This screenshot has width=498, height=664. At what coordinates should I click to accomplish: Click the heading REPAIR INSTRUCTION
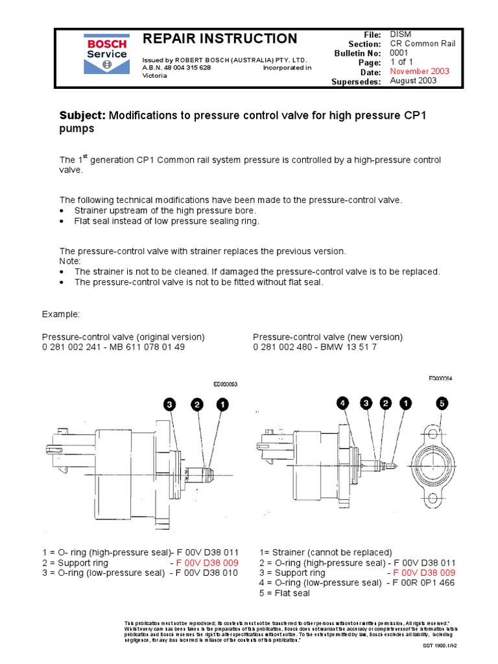(220, 39)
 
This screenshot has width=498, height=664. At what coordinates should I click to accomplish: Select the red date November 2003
(419, 71)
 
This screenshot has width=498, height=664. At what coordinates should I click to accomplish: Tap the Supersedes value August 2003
(413, 81)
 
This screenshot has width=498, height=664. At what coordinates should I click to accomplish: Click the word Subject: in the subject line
(82, 115)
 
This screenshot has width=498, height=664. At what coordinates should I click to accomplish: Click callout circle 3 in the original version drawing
(169, 405)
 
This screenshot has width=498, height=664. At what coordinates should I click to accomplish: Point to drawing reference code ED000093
(226, 385)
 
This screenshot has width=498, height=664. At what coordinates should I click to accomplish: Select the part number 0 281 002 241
(74, 348)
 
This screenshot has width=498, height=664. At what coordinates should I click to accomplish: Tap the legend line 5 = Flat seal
(285, 593)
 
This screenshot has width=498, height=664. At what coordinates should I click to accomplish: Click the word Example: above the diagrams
(61, 314)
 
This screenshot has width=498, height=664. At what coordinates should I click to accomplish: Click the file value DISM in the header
(400, 33)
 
